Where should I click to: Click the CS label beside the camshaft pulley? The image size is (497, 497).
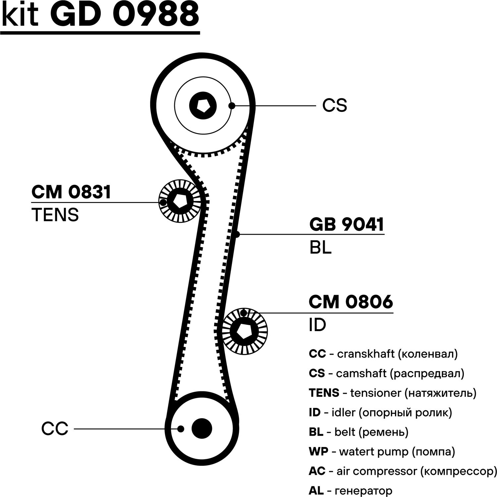point(335,106)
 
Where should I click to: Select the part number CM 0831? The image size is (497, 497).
point(71,192)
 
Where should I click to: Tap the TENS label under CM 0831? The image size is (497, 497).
point(55,215)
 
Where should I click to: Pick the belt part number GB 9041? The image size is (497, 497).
point(347,224)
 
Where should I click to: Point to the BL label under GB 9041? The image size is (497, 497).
point(320,247)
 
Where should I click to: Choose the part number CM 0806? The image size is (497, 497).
point(351,302)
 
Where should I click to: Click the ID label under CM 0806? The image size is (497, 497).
point(317,325)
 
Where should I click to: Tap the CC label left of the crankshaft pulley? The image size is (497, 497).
point(55,428)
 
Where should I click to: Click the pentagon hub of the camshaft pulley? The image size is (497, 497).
point(203,106)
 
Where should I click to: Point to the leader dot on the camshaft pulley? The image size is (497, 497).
point(232,106)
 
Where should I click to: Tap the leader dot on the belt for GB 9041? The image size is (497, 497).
point(237,234)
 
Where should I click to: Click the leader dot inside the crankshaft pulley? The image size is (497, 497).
point(181,429)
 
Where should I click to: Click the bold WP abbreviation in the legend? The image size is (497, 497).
point(318,452)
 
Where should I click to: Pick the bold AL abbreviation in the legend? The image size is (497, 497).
point(316,491)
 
